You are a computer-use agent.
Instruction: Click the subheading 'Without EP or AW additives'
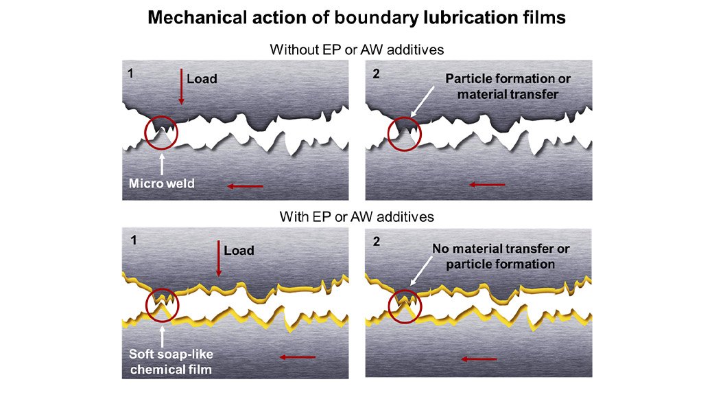(350, 50)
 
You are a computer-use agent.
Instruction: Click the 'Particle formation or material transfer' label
(508, 86)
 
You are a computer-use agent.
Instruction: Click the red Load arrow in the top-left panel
(181, 87)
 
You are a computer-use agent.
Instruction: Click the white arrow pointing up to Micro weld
(162, 163)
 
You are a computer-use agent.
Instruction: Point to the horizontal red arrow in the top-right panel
(488, 184)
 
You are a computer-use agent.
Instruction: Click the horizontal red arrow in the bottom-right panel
(479, 359)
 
